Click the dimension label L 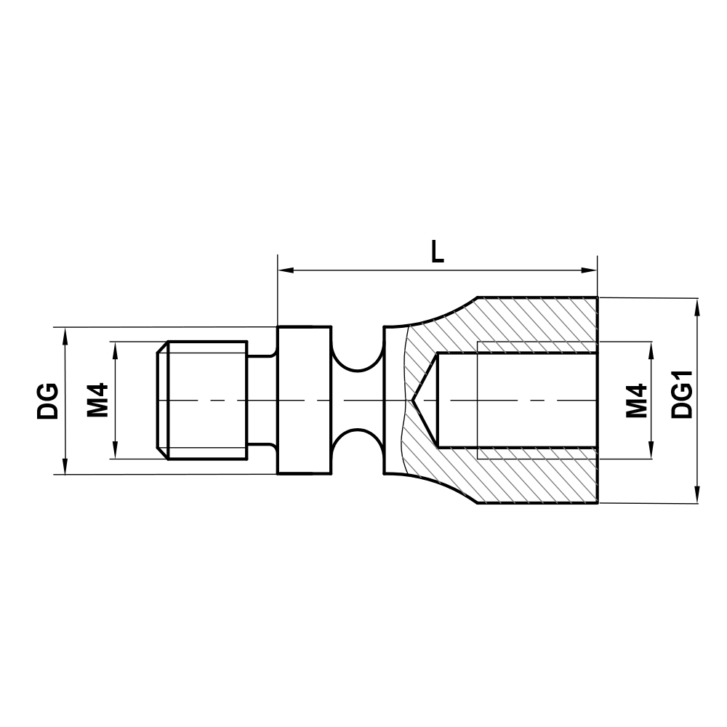point(436,252)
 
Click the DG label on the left point(48,401)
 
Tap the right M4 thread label point(637,401)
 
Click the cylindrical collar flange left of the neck point(304,401)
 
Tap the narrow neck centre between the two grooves point(357,401)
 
